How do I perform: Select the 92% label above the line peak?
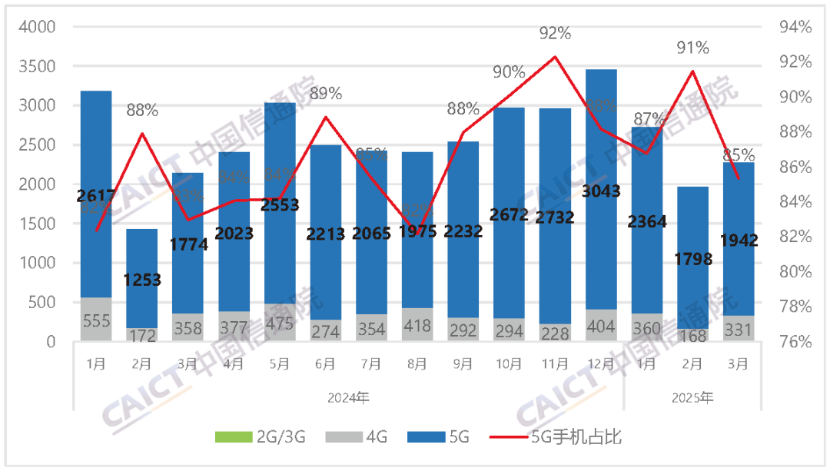click(555, 33)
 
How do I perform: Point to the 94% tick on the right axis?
click(795, 27)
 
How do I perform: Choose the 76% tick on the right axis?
click(795, 341)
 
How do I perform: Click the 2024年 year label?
click(348, 398)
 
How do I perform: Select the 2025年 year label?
click(692, 398)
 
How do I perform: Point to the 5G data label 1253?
click(141, 280)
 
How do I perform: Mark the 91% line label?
click(692, 48)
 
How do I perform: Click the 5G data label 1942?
click(738, 240)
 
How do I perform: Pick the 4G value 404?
click(600, 327)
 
